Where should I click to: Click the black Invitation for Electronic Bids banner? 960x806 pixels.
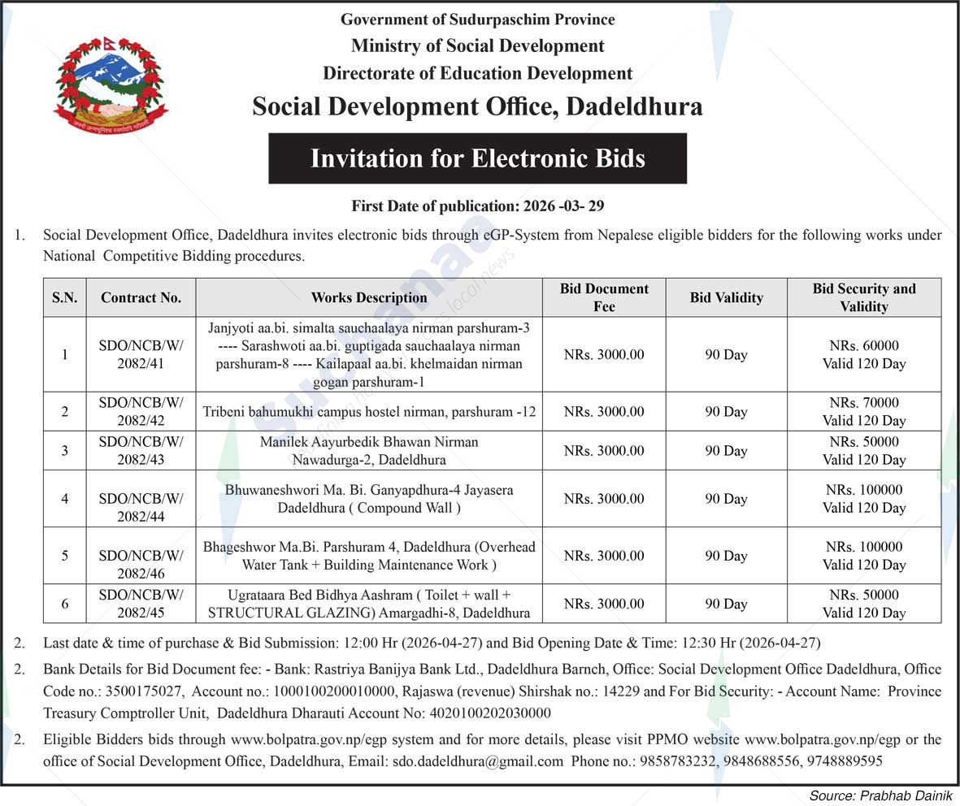pos(477,158)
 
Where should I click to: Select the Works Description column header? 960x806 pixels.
pos(369,297)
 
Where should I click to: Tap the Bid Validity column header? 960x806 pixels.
pos(726,297)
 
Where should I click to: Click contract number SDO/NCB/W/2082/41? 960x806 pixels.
pos(141,354)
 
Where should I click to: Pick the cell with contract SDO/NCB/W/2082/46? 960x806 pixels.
pos(141,556)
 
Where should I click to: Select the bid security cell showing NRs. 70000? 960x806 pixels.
pos(863,411)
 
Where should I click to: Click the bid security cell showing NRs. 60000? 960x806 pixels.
pos(863,354)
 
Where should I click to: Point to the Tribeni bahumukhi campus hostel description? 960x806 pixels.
pos(369,412)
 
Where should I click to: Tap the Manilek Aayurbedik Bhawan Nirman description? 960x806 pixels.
pos(369,451)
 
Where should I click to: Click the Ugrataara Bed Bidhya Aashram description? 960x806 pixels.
pos(369,604)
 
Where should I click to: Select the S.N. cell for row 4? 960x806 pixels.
pos(65,499)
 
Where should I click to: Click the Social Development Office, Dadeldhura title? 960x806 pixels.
pos(477,106)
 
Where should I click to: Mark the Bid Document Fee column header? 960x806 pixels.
pos(604,297)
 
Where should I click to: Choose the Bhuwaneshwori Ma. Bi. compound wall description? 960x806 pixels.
pos(369,499)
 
